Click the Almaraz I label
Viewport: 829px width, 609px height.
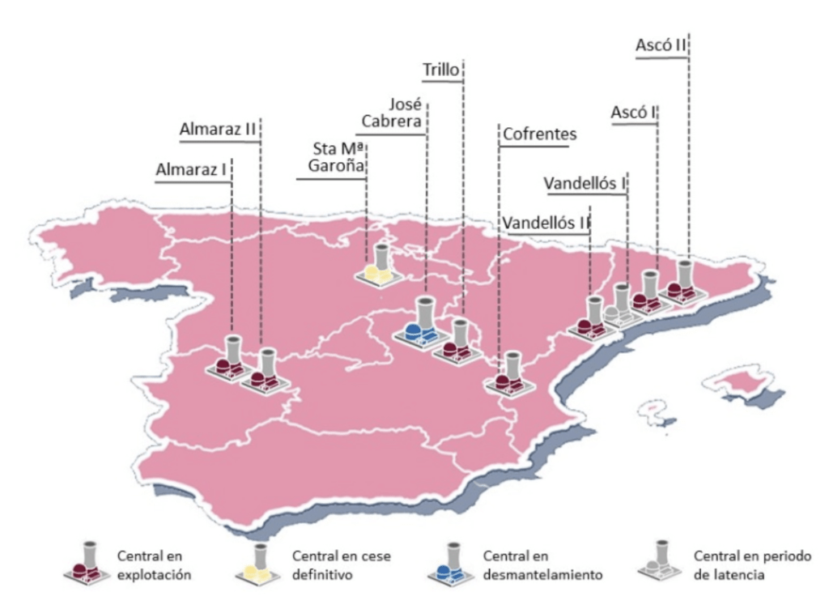point(191,170)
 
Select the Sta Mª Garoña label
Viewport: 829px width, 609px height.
point(339,159)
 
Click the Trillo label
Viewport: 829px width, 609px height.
point(441,70)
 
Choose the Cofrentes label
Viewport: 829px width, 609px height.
point(539,134)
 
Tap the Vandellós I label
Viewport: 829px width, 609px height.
point(585,183)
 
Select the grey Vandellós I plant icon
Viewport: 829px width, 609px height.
point(619,306)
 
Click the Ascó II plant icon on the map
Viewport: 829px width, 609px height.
point(681,283)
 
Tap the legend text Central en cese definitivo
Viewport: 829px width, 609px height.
point(325,565)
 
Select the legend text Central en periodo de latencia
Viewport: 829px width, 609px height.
point(740,565)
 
